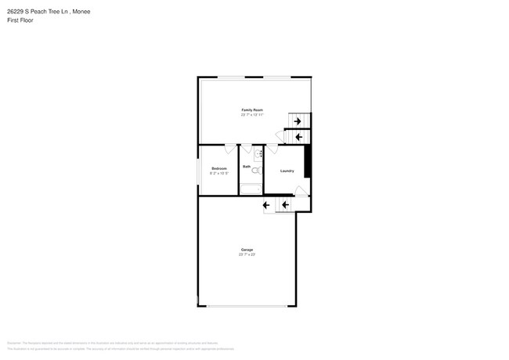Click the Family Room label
point(252,110)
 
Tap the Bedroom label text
point(219,168)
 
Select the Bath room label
point(247,167)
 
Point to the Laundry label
point(287,171)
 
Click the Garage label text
point(247,250)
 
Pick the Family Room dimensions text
point(252,115)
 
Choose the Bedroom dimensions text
point(219,173)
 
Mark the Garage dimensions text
point(247,254)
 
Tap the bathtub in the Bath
point(251,189)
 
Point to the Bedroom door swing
point(229,149)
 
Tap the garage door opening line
point(247,305)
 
